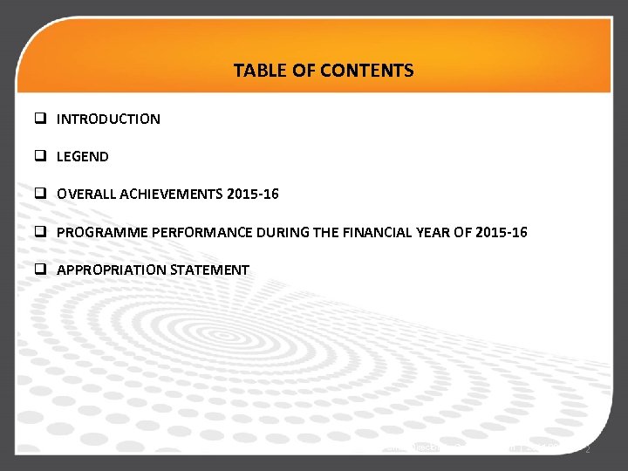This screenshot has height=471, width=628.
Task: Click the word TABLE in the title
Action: click(256, 70)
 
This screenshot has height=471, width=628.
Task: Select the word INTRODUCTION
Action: click(108, 119)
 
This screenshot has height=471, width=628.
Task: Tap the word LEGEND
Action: click(83, 157)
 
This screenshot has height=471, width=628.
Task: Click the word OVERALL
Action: click(86, 195)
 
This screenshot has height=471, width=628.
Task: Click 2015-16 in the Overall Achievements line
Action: click(252, 195)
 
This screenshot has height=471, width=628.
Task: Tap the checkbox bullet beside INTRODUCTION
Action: click(40, 119)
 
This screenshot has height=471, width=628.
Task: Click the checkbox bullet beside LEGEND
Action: click(40, 157)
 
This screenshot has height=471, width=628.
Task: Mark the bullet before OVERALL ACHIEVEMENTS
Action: click(40, 195)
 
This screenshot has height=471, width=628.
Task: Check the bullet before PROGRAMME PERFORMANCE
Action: click(40, 233)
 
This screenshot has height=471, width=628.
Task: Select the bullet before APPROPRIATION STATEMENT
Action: click(40, 270)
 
